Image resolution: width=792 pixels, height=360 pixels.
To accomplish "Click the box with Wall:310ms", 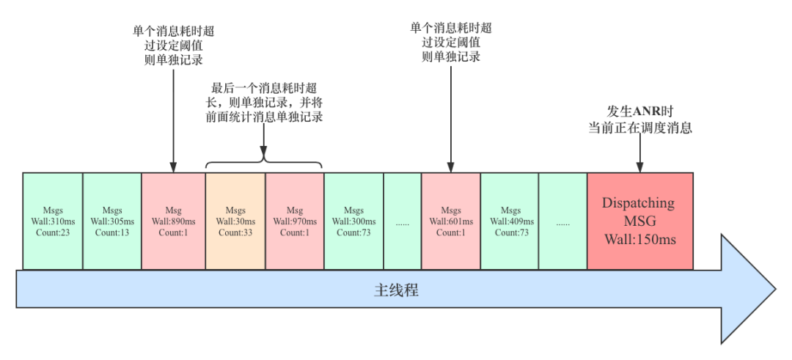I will click(x=52, y=221).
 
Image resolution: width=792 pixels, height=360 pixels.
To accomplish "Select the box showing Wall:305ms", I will click(x=112, y=221).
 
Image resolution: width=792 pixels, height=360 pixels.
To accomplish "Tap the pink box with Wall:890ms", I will click(x=173, y=221).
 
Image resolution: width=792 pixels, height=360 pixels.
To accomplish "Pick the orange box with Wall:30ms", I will click(x=235, y=221).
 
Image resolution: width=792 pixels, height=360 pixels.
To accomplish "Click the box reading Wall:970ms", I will click(x=295, y=221).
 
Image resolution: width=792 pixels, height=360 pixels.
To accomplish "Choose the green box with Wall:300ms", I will click(x=353, y=221).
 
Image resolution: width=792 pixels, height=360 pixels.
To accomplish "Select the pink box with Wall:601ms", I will click(x=451, y=221).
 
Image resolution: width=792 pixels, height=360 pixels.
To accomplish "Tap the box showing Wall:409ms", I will click(x=510, y=221).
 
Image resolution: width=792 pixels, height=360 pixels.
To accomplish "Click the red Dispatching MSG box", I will click(x=640, y=221).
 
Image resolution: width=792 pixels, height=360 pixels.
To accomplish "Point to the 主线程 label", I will click(x=396, y=290).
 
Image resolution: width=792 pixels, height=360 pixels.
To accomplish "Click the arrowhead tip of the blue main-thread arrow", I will click(x=773, y=290).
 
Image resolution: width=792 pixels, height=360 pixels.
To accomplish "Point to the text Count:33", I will click(x=235, y=232).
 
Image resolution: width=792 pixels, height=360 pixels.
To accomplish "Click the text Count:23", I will click(x=52, y=232).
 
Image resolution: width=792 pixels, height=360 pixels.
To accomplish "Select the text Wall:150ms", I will click(x=640, y=239).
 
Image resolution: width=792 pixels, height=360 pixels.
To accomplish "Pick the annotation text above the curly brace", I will click(x=264, y=101).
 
